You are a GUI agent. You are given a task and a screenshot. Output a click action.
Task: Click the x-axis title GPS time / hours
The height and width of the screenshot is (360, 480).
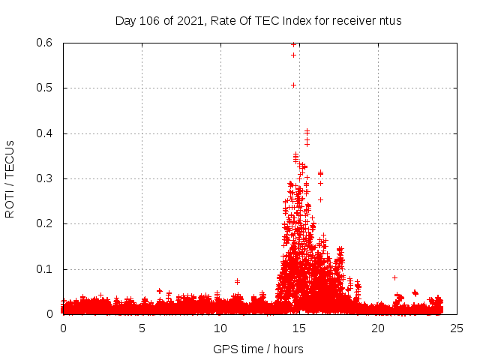tap(258, 349)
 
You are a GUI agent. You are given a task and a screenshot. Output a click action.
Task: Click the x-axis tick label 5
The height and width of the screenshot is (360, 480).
tap(142, 328)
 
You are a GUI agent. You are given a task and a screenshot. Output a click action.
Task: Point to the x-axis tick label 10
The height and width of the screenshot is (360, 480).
tap(220, 328)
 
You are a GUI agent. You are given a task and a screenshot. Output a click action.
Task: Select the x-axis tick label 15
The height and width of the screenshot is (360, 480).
tap(299, 328)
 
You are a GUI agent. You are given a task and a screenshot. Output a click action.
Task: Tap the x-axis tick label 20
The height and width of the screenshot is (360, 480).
tap(378, 328)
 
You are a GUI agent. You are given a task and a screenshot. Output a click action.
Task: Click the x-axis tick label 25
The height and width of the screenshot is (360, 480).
tap(457, 328)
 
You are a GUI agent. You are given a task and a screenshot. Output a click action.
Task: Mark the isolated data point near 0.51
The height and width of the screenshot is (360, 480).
tap(294, 85)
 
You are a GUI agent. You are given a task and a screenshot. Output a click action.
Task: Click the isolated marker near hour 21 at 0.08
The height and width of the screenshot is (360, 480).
tap(394, 277)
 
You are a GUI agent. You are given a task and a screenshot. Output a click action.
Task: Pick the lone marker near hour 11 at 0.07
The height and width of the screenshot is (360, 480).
tap(237, 281)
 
